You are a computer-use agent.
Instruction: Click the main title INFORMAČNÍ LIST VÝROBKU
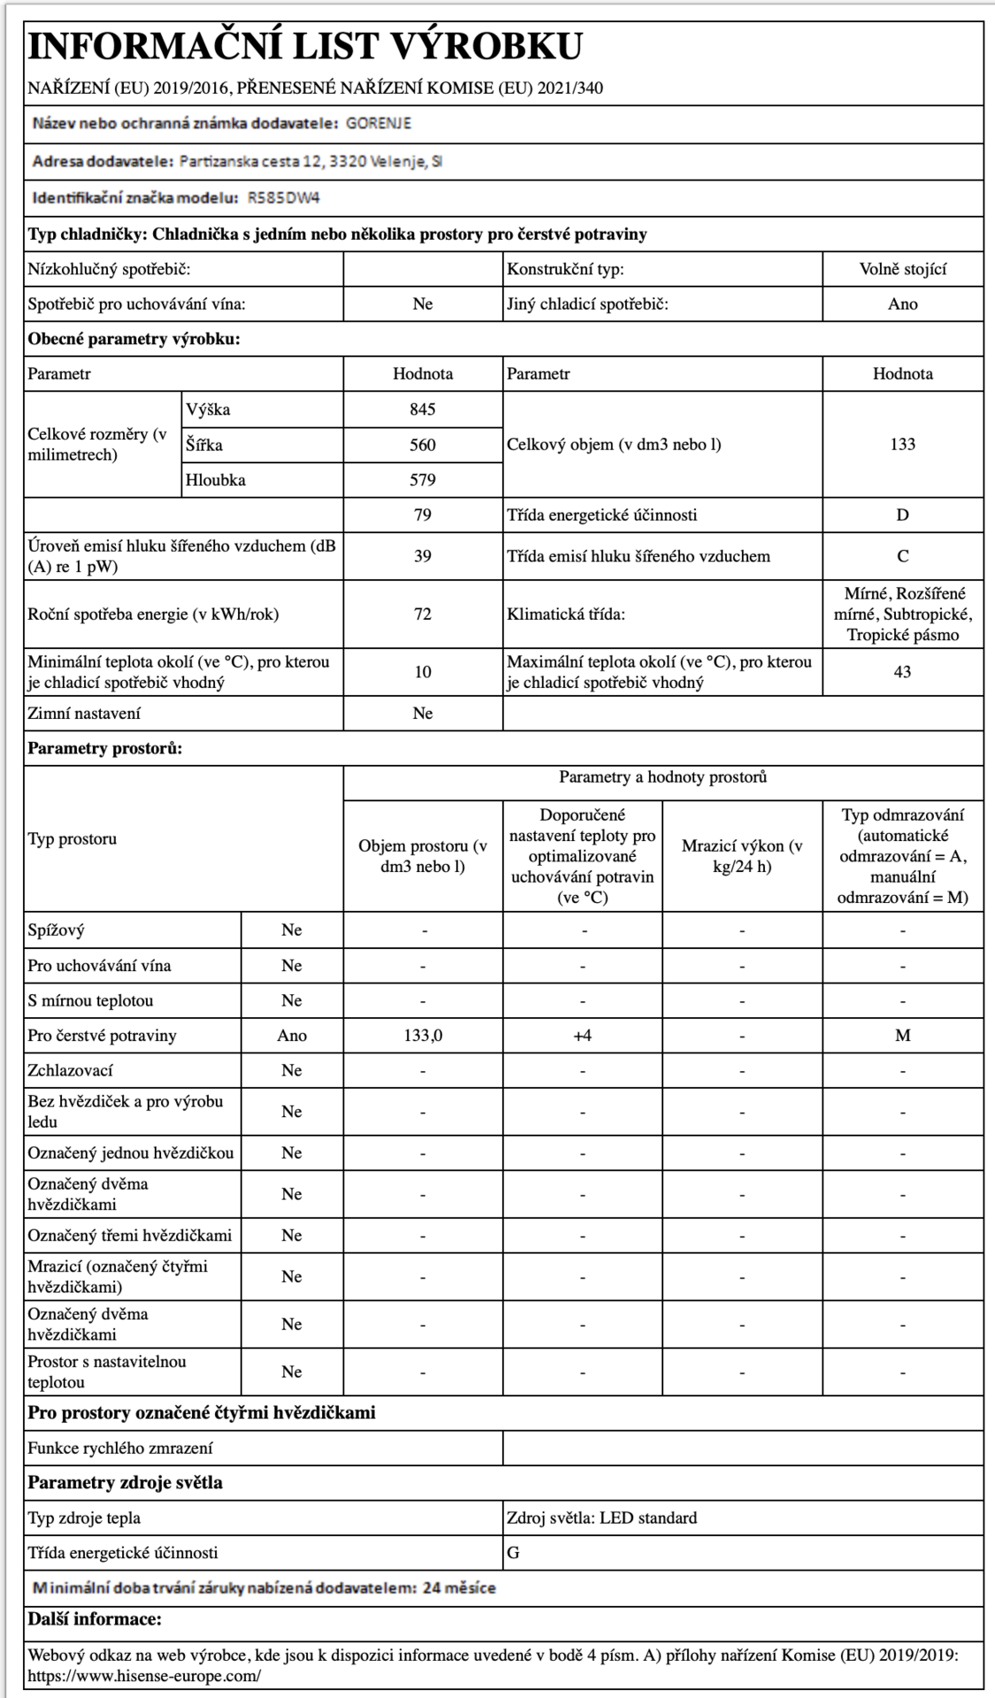click(305, 47)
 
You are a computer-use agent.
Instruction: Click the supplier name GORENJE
click(378, 124)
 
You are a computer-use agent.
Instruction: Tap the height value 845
click(423, 409)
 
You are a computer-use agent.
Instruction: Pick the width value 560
click(423, 445)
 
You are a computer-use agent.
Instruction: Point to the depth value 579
click(423, 480)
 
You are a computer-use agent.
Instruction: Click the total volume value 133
click(902, 445)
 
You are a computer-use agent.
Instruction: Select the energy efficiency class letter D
click(902, 516)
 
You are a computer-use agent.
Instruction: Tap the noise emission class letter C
click(902, 556)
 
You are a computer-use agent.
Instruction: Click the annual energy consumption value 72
click(423, 614)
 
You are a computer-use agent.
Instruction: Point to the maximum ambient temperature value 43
click(902, 672)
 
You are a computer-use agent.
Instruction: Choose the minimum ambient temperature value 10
click(423, 672)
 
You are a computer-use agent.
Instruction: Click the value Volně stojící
click(902, 269)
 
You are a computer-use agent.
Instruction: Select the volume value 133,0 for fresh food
click(423, 1036)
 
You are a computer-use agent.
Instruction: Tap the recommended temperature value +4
click(582, 1036)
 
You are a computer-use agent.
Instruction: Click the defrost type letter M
click(902, 1036)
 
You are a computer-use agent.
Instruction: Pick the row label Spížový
click(57, 930)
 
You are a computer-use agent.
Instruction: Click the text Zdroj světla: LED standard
click(601, 1518)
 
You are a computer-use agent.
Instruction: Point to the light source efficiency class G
click(514, 1553)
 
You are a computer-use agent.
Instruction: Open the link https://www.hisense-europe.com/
click(144, 1676)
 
